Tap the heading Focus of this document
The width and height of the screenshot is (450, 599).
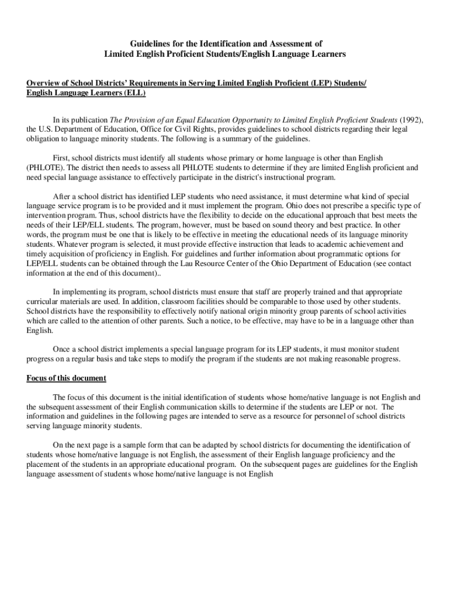click(66, 378)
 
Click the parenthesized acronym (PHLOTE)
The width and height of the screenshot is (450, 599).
click(46, 167)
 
